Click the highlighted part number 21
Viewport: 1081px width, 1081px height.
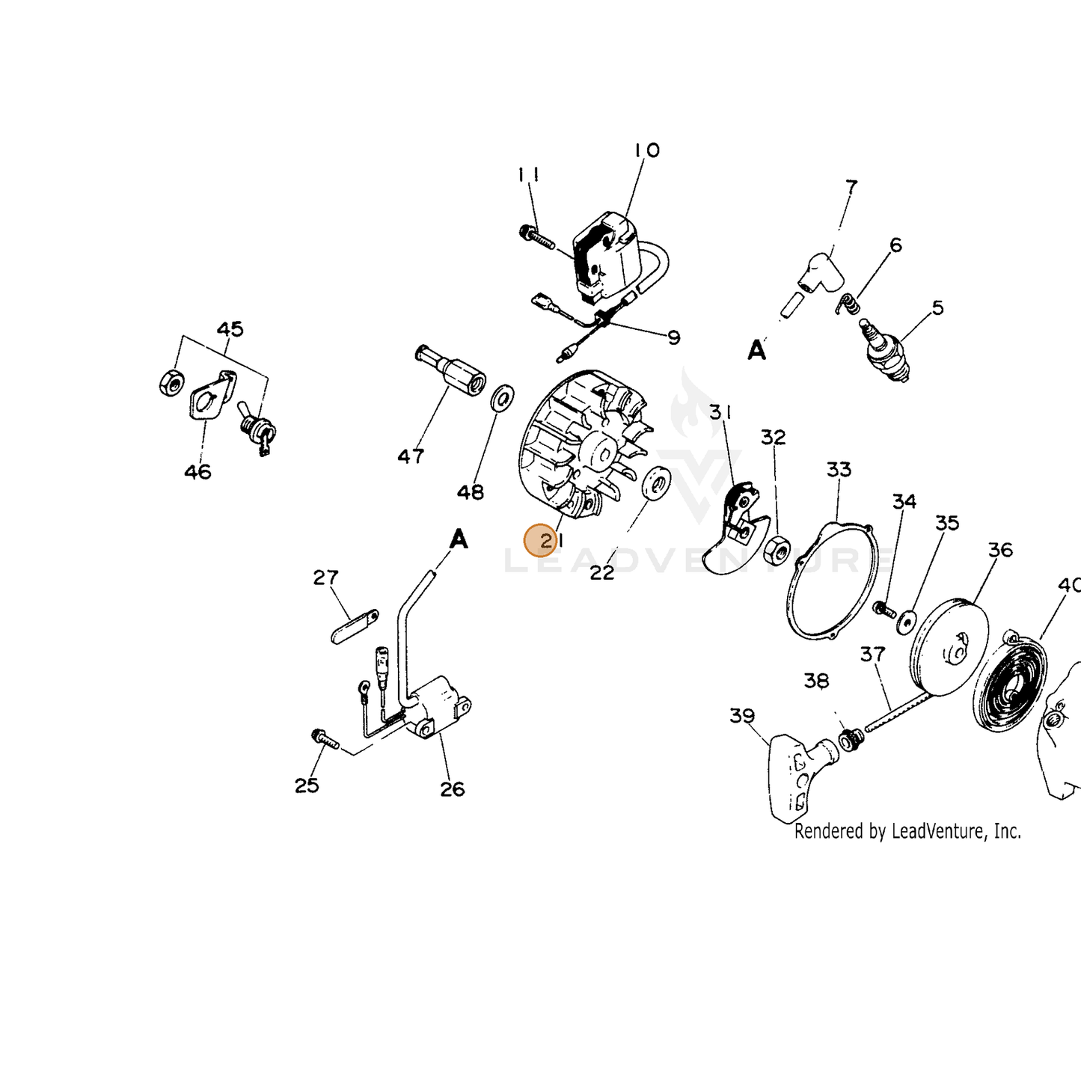click(x=551, y=541)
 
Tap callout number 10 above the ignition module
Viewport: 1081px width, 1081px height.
click(x=647, y=150)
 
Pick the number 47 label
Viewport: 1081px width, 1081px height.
click(x=411, y=456)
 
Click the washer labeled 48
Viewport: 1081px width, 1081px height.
click(x=503, y=397)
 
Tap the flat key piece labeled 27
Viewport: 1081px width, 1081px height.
click(x=355, y=626)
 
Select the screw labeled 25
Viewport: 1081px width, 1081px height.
click(x=324, y=738)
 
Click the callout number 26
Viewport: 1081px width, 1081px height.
click(x=452, y=789)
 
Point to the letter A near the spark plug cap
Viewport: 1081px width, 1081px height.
click(x=757, y=350)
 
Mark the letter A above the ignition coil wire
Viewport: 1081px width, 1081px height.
click(x=459, y=539)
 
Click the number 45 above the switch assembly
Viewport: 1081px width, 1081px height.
click(x=230, y=328)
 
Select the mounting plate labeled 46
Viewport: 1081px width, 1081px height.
click(x=212, y=393)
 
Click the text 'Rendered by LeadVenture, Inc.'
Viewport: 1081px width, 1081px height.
click(x=907, y=831)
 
